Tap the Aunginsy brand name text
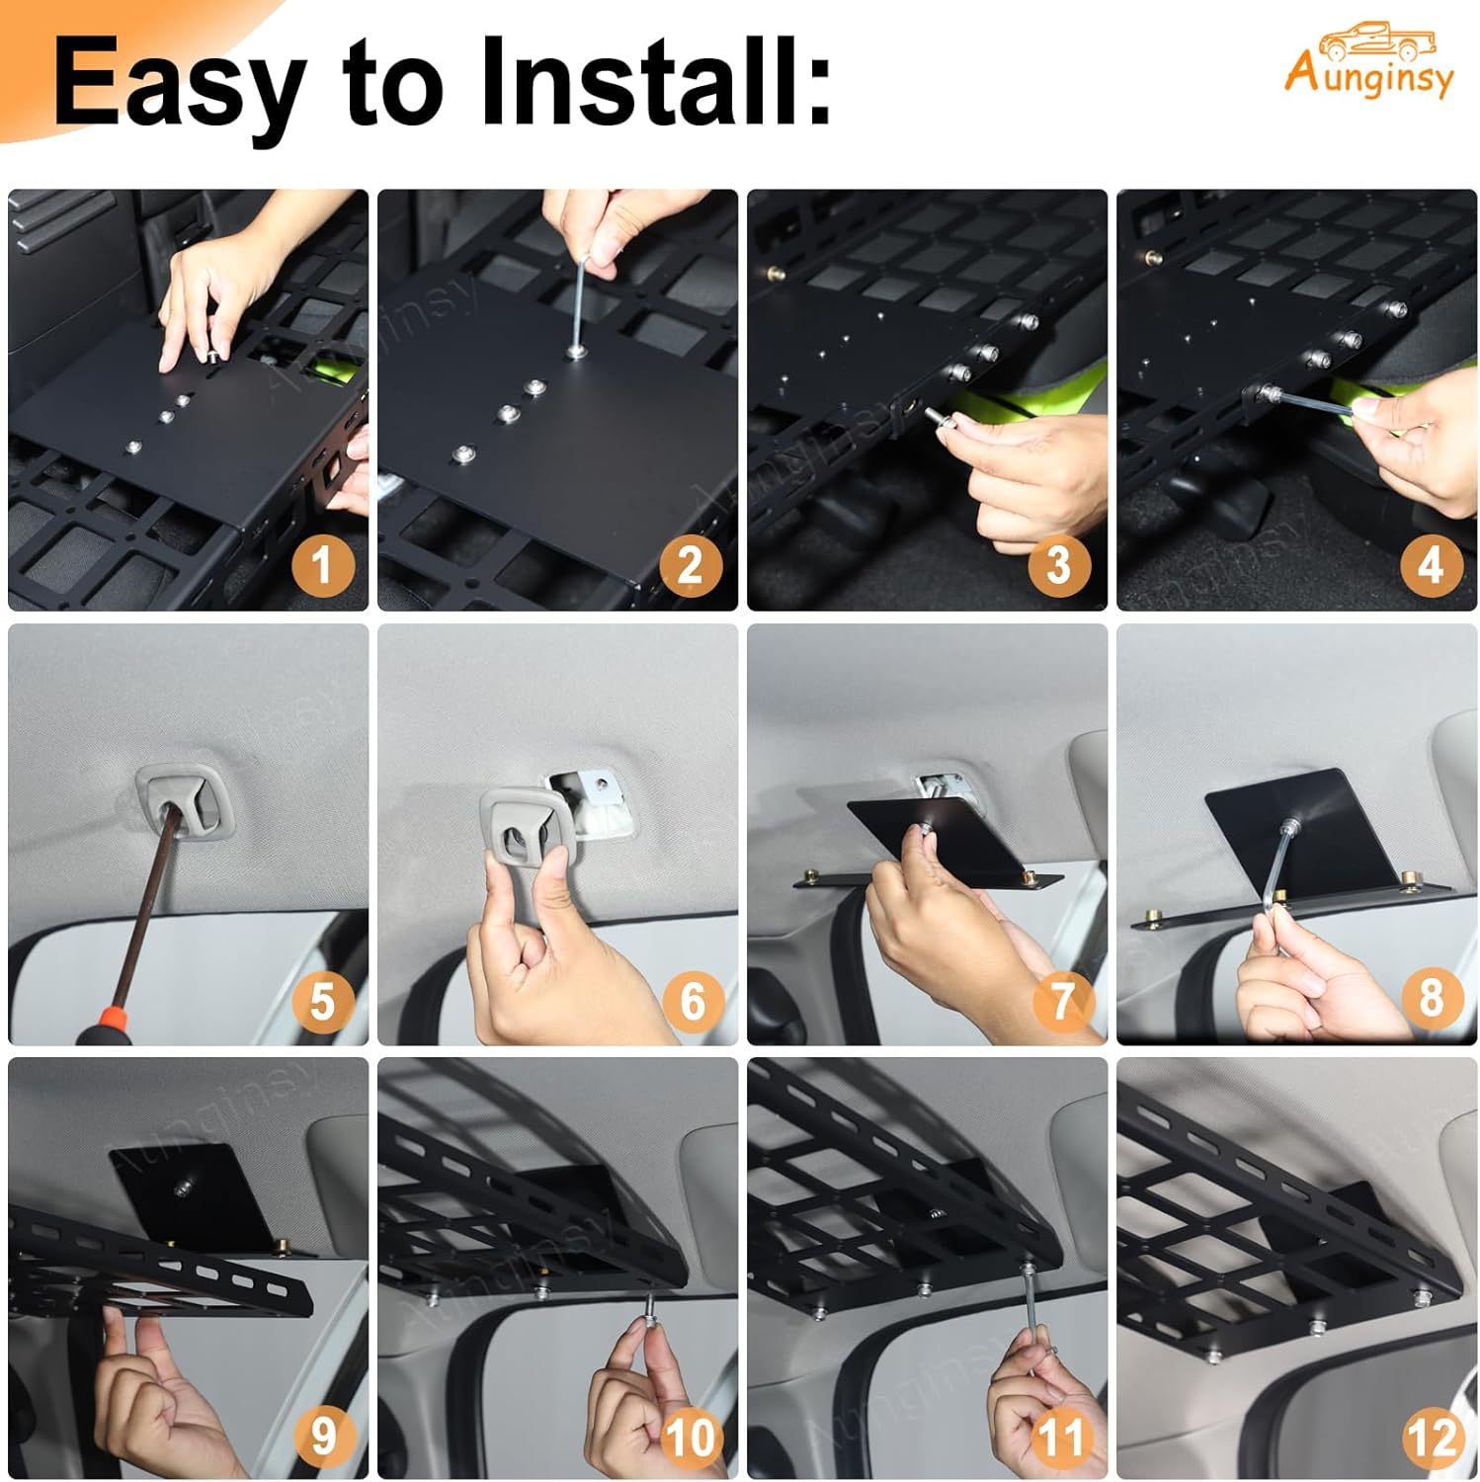(1369, 77)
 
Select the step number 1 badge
(321, 565)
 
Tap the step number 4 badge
(1430, 565)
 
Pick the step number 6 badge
(692, 1000)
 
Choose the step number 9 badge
(322, 1435)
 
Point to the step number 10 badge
(691, 1435)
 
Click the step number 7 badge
(1061, 1000)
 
